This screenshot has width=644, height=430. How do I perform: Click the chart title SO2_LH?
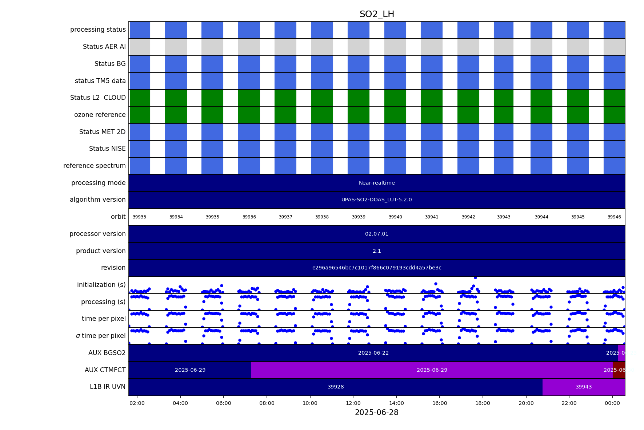[x=377, y=15]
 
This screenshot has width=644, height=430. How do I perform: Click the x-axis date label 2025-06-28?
[x=376, y=413]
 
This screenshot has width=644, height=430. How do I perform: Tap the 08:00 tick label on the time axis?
[x=267, y=403]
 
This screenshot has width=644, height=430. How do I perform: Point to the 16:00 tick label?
[x=440, y=403]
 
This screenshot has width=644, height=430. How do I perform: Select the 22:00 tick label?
[x=569, y=403]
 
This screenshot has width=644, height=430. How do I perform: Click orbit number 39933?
[x=139, y=217]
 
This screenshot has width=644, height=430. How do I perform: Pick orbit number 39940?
[x=395, y=217]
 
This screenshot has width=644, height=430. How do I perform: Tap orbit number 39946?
[x=614, y=217]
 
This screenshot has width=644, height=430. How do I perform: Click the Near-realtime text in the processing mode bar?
[x=377, y=183]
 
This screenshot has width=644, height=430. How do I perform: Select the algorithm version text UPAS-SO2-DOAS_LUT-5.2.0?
[x=377, y=200]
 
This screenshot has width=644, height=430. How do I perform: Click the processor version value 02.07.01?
[x=377, y=234]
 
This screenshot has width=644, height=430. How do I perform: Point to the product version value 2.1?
[x=377, y=251]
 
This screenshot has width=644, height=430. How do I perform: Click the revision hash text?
[x=377, y=268]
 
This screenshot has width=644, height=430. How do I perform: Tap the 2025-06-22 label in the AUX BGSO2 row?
[x=373, y=353]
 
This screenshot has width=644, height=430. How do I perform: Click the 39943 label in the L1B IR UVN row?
[x=584, y=387]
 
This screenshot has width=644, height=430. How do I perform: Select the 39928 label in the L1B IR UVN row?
[x=336, y=387]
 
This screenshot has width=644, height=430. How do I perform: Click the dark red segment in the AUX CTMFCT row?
[x=619, y=370]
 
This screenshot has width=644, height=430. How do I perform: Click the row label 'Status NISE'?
[x=107, y=149]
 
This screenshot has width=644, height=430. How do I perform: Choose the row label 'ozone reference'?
[x=100, y=115]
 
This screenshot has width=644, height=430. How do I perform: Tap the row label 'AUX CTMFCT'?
[x=105, y=370]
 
